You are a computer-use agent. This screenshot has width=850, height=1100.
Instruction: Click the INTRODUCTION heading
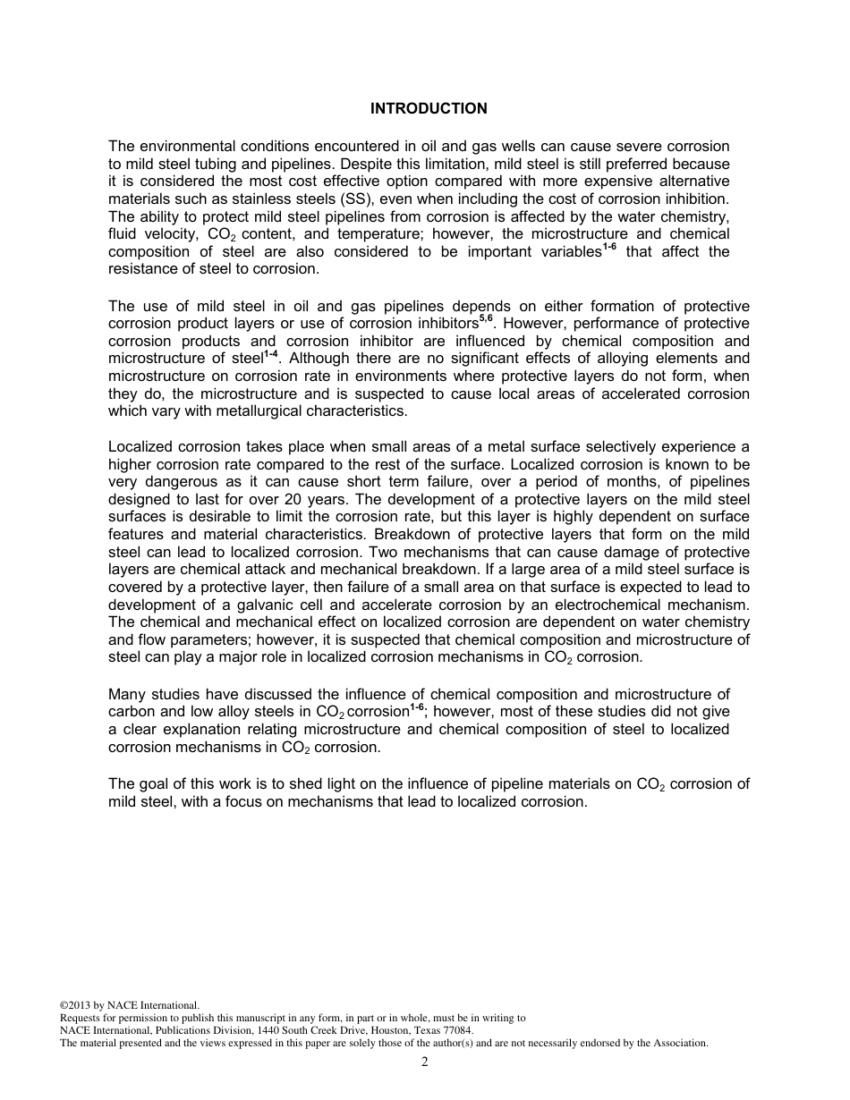click(x=429, y=108)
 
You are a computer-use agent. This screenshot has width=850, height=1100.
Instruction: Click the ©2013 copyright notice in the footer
click(x=129, y=1005)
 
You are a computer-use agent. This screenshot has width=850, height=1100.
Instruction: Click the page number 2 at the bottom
click(x=425, y=1062)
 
